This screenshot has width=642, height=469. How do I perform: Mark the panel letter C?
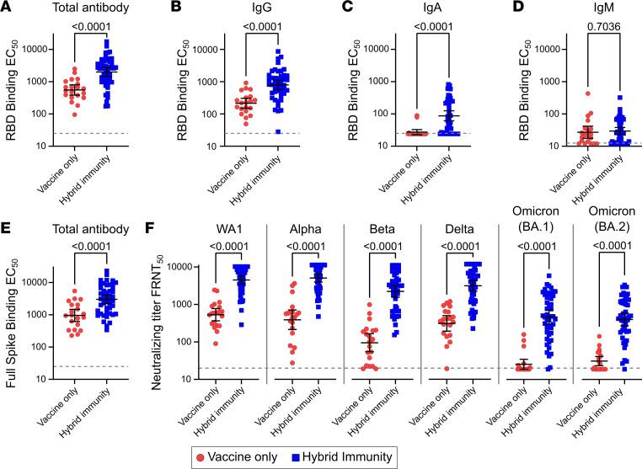341,8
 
